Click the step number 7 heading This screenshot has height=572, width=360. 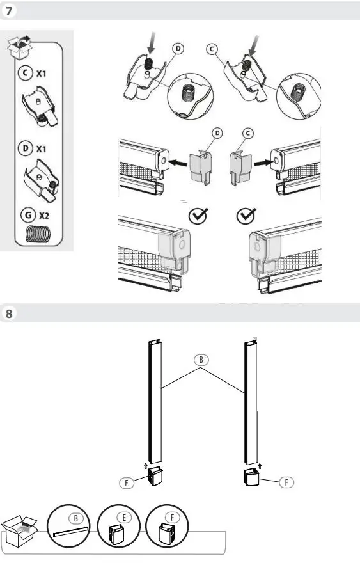[9, 11]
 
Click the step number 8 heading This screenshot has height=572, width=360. [9, 314]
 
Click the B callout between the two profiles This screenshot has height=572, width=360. [201, 360]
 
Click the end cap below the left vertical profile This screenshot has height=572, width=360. [155, 477]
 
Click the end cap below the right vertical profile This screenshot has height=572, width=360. [252, 477]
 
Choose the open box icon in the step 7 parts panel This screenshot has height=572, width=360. [20, 46]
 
